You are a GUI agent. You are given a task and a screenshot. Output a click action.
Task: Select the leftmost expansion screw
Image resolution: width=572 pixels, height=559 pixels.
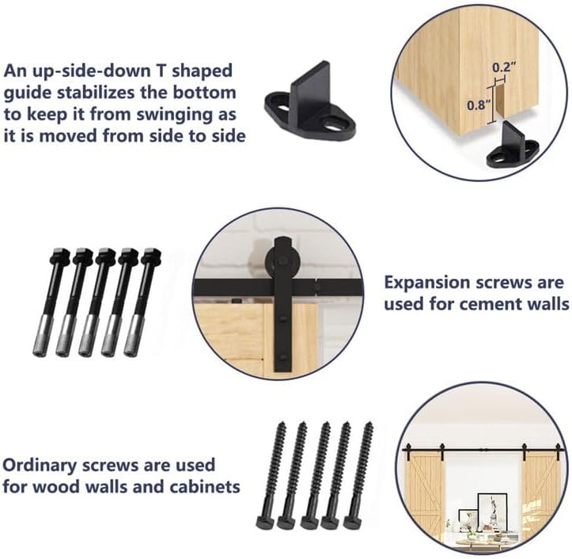click(x=61, y=301)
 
